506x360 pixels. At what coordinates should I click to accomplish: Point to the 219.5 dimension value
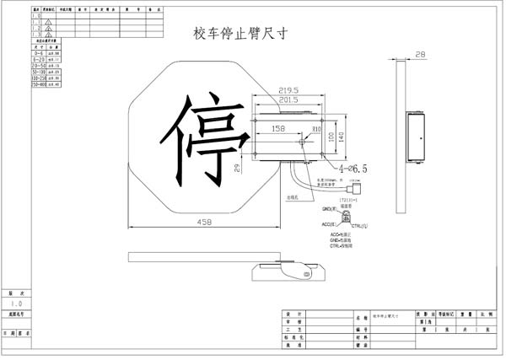(x=290, y=90)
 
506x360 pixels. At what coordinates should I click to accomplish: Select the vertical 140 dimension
(x=341, y=135)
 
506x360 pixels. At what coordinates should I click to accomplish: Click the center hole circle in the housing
(x=302, y=142)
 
